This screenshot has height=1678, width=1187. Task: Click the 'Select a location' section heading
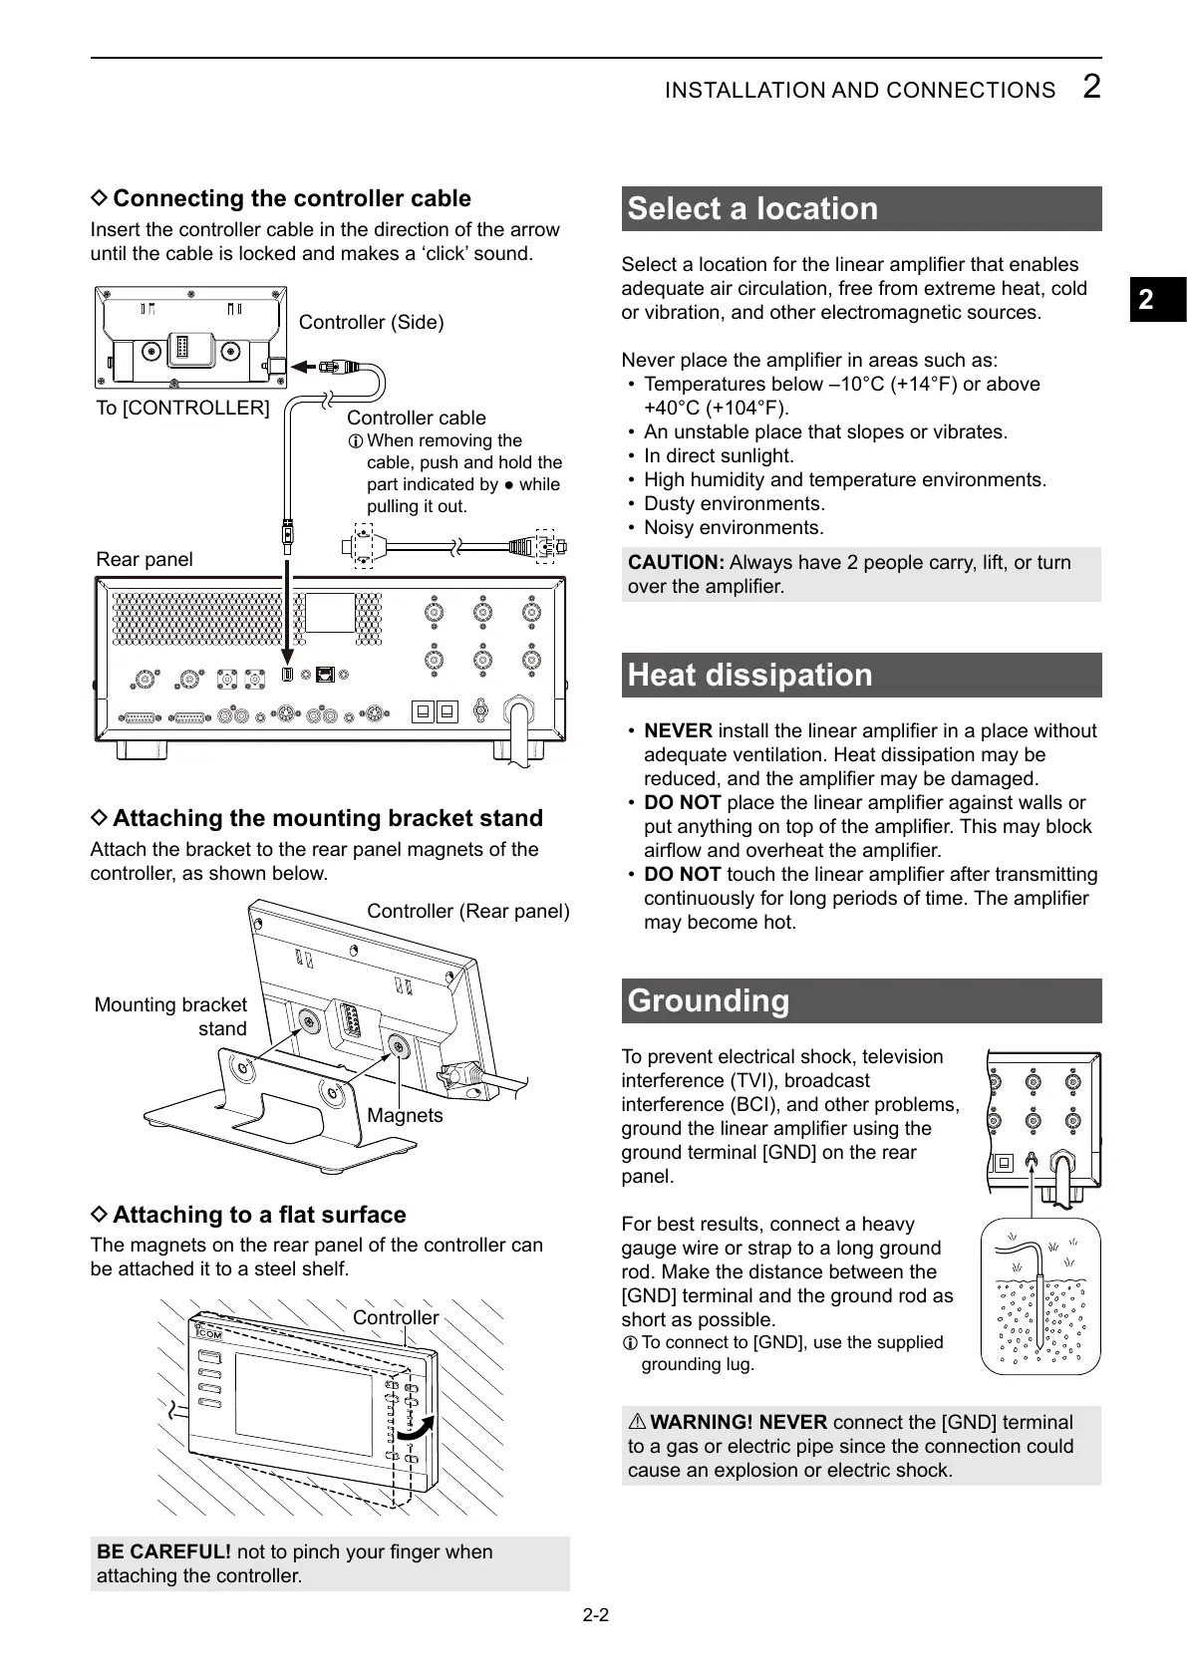point(752,209)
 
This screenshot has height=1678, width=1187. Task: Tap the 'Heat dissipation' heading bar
point(749,676)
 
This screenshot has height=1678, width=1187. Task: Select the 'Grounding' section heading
point(708,1001)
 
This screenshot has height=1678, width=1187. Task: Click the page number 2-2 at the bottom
point(595,1615)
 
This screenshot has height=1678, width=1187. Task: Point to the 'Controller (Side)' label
point(371,322)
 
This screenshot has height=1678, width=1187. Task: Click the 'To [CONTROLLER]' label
point(182,408)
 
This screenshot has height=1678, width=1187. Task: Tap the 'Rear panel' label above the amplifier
point(145,559)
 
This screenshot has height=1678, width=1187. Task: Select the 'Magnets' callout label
point(405,1115)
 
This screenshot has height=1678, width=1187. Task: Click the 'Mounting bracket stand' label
point(171,1016)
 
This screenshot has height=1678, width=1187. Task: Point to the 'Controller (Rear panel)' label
point(467,911)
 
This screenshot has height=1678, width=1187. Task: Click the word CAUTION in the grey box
point(676,562)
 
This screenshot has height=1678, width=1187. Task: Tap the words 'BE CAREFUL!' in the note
point(163,1551)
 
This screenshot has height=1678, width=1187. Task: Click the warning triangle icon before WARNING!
point(637,1423)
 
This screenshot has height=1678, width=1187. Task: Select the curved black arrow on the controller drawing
point(416,1427)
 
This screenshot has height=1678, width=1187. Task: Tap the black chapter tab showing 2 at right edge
point(1156,300)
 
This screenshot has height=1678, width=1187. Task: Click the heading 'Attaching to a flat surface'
point(259,1215)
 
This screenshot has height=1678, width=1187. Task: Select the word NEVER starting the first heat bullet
point(678,730)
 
